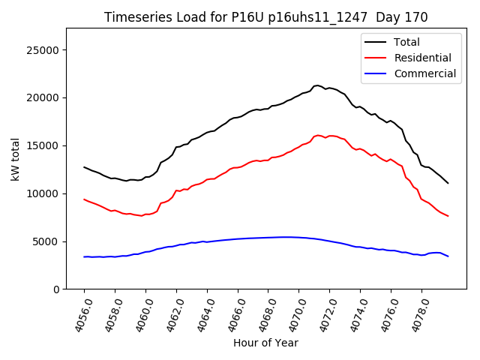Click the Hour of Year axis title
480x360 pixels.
tap(265, 343)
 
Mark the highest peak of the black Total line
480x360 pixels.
tap(317, 85)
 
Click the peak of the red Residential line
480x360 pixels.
tap(319, 135)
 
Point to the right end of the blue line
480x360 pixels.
tap(448, 256)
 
